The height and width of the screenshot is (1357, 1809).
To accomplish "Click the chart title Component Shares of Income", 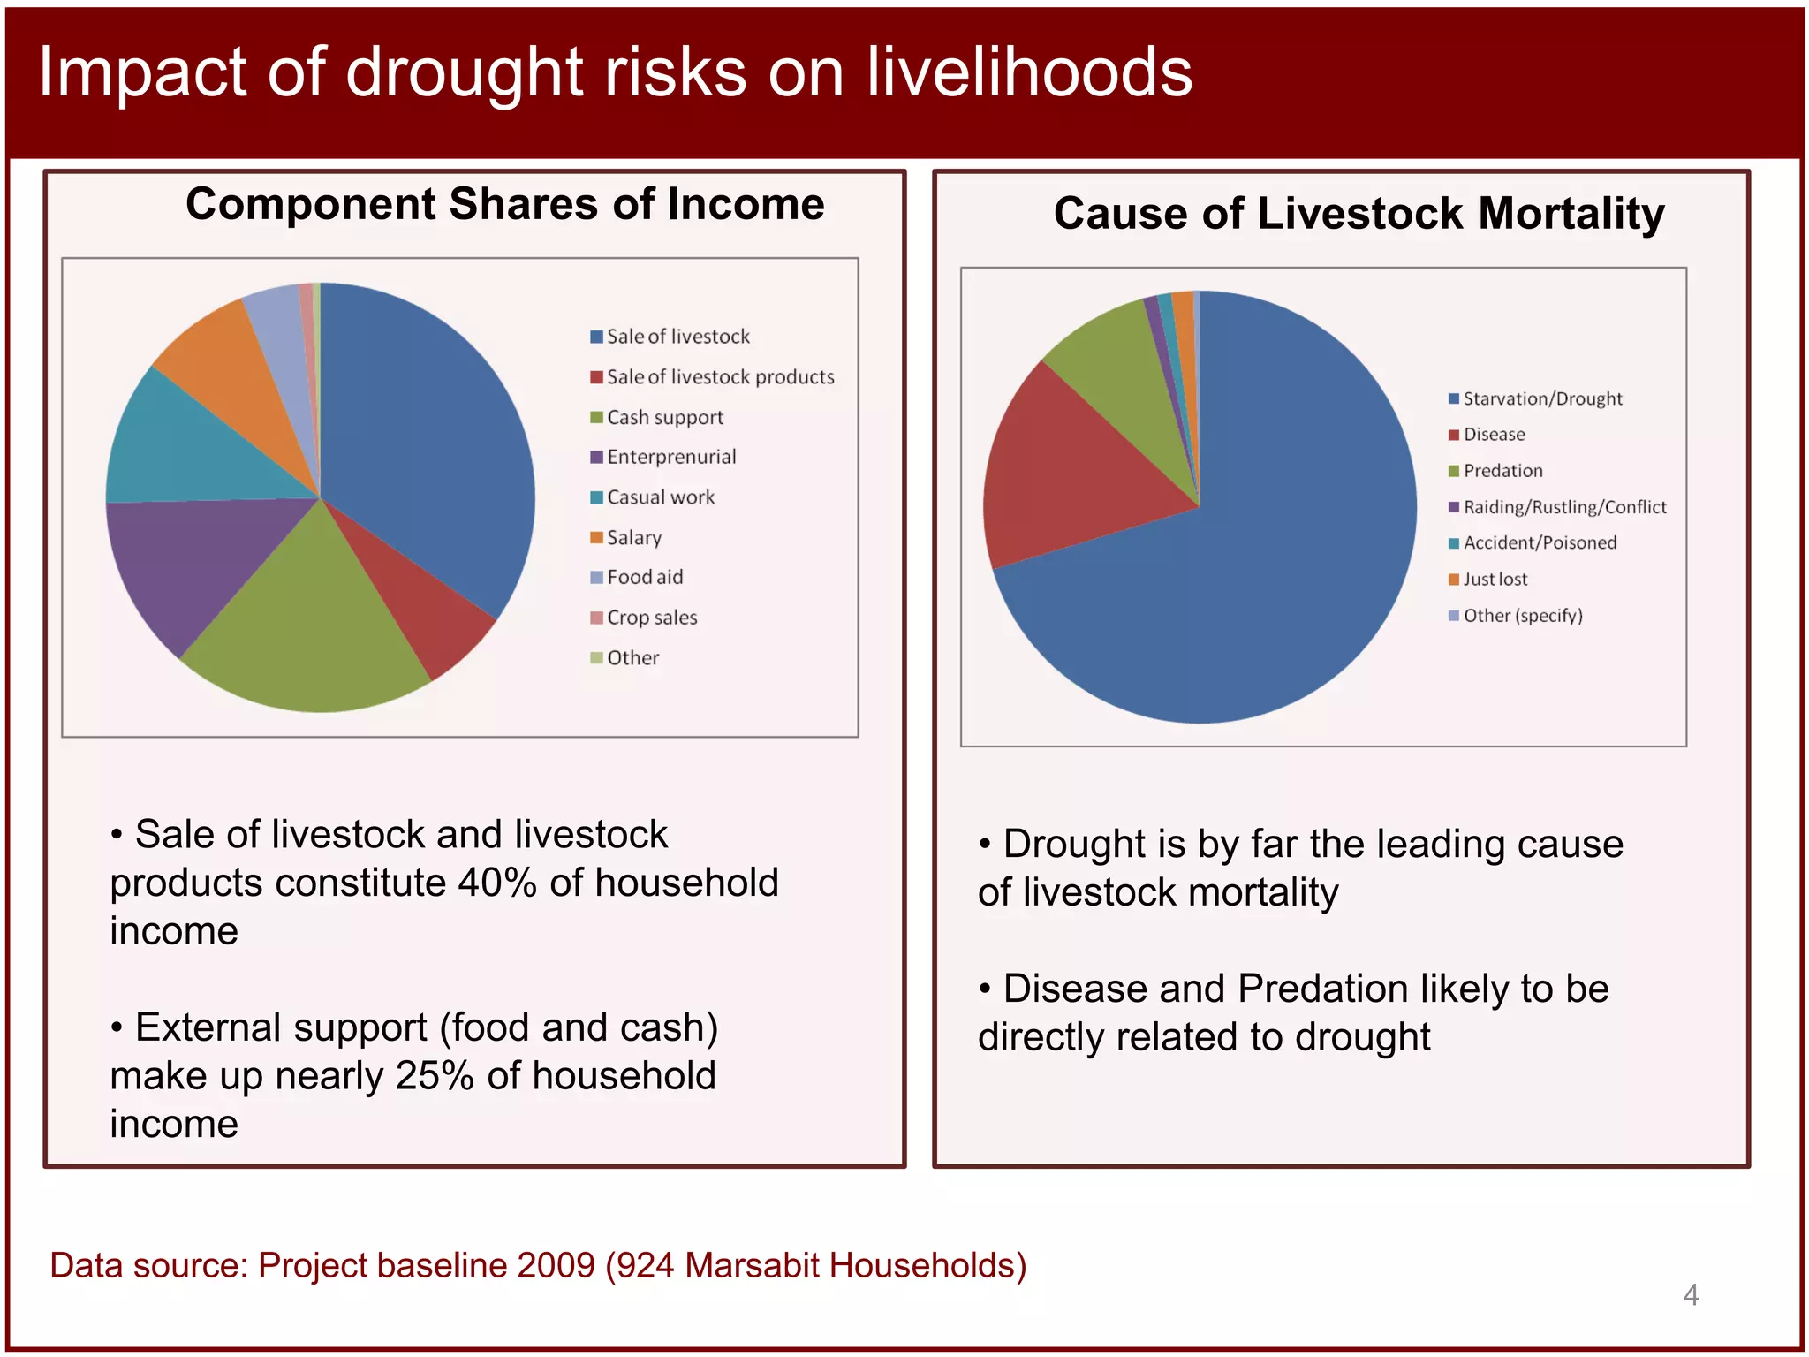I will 504,204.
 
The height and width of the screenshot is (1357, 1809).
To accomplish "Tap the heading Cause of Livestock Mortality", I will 1359,214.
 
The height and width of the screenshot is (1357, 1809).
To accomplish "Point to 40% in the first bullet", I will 496,883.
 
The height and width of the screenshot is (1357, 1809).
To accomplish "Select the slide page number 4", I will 1691,1295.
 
